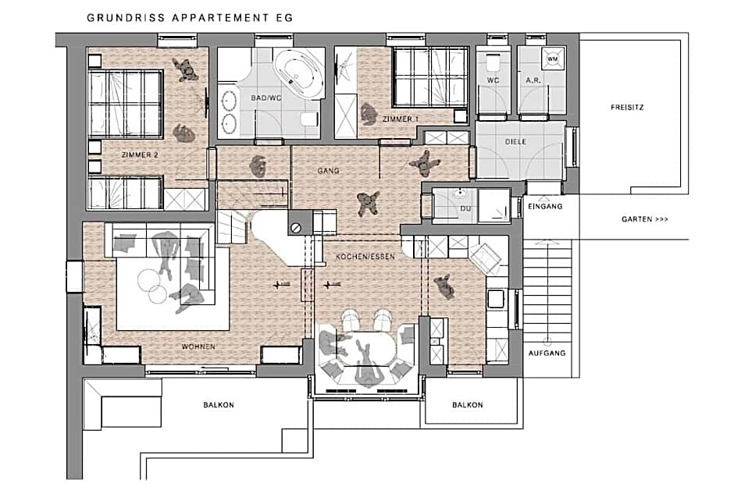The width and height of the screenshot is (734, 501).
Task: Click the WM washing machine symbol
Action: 553,59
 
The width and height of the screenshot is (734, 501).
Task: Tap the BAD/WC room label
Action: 266,98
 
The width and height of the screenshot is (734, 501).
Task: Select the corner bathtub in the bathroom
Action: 298,74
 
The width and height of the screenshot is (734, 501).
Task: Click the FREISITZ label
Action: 627,108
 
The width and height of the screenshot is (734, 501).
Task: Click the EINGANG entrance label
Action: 545,206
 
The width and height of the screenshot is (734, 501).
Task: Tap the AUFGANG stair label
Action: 547,354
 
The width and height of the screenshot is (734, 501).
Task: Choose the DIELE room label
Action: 515,142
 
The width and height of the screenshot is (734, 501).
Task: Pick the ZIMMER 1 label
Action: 401,119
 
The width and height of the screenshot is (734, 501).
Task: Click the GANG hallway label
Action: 328,171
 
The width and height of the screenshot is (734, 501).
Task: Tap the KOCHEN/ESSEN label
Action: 365,257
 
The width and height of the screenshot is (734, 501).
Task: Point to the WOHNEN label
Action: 198,346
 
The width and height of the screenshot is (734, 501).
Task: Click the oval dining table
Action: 370,350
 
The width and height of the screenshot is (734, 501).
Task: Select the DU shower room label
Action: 465,208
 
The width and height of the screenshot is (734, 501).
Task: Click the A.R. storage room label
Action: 533,80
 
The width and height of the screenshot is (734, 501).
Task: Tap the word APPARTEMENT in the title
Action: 220,18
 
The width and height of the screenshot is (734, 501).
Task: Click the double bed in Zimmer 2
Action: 126,105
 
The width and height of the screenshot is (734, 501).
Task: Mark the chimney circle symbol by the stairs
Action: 295,228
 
